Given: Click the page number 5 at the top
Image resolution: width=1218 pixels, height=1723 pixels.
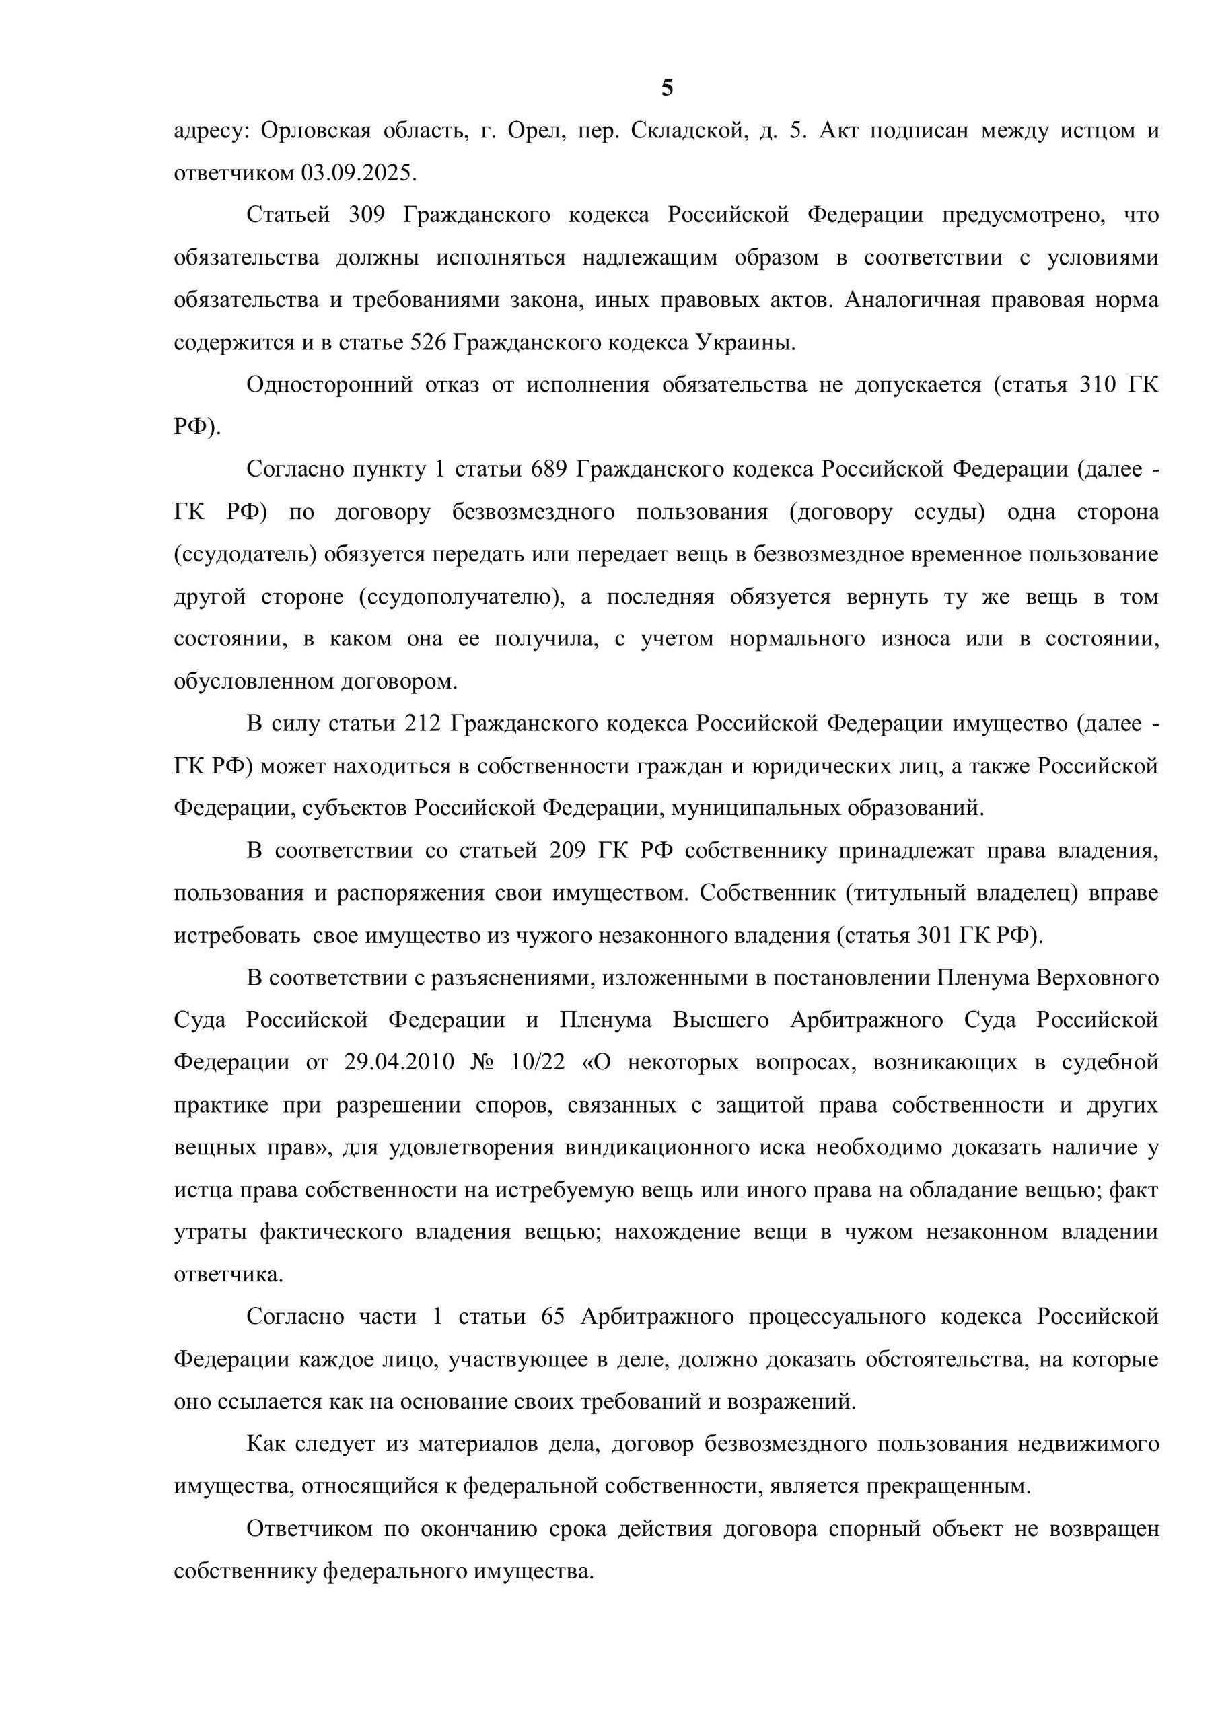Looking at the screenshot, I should point(667,90).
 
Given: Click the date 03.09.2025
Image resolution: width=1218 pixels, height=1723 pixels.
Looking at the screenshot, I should point(358,174).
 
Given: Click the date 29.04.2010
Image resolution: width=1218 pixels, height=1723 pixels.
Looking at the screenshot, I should point(398,1063).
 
